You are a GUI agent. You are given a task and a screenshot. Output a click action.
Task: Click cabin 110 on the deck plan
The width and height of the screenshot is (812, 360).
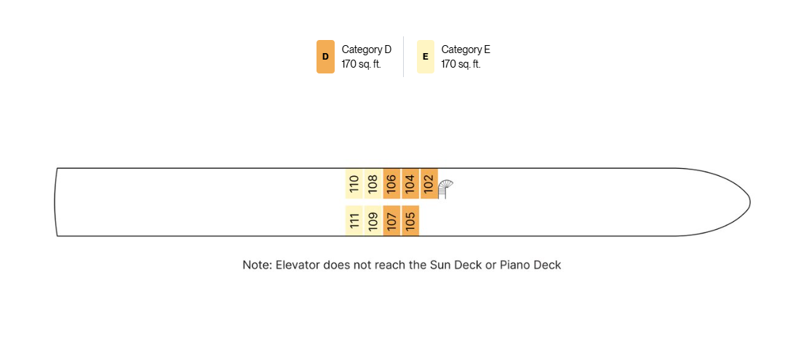pos(354,184)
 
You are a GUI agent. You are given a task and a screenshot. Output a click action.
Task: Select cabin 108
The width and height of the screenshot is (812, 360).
pos(373,184)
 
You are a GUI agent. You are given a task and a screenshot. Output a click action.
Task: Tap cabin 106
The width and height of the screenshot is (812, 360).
pos(391,184)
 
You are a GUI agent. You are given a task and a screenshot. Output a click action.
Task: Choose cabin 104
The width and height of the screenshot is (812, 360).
pos(410,184)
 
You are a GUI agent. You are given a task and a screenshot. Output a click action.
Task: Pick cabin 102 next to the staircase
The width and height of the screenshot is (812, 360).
pos(429,184)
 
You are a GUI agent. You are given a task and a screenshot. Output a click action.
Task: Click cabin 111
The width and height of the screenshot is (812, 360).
pos(354,220)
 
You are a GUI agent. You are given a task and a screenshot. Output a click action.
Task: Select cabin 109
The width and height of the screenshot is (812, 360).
pos(373,220)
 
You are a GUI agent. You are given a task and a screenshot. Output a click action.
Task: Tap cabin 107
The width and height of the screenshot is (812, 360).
pos(391,220)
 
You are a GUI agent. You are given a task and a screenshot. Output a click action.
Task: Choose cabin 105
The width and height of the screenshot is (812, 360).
pos(410,220)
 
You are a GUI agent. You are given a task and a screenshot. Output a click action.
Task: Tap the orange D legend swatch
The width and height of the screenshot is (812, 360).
pos(325,57)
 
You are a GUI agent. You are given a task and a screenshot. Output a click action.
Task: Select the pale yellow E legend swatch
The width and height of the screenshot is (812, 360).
pos(425,57)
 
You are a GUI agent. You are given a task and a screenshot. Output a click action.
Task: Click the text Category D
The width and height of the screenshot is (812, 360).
pos(367,49)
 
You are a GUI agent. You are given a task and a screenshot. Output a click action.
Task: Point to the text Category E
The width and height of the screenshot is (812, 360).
pos(466,49)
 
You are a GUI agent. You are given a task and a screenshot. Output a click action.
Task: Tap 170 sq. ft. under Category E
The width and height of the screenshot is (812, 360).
pos(461,65)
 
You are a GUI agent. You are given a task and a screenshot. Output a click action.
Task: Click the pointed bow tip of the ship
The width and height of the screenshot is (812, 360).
pos(750,201)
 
